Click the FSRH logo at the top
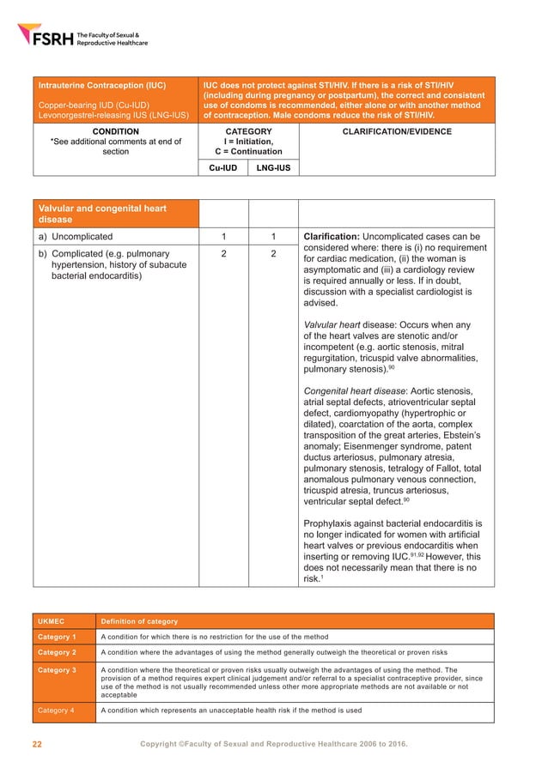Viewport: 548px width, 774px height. tap(82, 36)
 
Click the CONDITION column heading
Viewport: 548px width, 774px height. tap(115, 132)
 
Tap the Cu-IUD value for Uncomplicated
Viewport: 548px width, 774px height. tap(222, 236)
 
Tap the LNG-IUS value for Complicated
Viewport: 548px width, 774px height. tap(272, 254)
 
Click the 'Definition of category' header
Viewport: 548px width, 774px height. tap(139, 620)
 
